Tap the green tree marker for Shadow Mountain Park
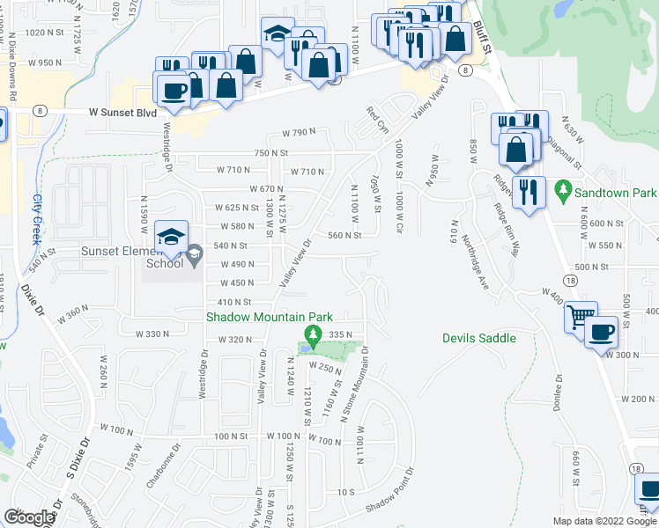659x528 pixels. click(x=310, y=334)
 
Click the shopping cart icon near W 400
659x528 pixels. click(x=581, y=317)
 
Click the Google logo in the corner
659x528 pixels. click(x=29, y=517)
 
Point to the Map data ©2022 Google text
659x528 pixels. click(x=605, y=521)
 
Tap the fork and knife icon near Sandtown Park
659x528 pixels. click(x=527, y=192)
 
